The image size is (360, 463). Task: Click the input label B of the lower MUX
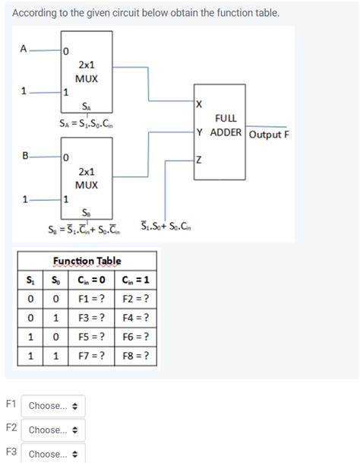[26, 157]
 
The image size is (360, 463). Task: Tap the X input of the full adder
[199, 103]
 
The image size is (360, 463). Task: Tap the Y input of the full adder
[199, 132]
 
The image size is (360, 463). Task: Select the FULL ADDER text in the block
[226, 125]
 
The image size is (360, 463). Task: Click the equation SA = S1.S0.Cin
[86, 123]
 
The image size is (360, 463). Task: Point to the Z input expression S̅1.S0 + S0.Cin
[169, 227]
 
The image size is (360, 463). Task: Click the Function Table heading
[87, 262]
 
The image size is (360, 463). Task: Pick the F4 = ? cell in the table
[135, 317]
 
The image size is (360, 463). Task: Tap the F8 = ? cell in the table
[135, 356]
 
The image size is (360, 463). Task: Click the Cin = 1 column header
[135, 279]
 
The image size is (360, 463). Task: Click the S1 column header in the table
[30, 279]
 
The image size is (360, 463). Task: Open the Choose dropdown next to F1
[53, 405]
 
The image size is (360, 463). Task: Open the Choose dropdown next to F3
[53, 454]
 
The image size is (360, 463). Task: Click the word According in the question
[34, 14]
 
